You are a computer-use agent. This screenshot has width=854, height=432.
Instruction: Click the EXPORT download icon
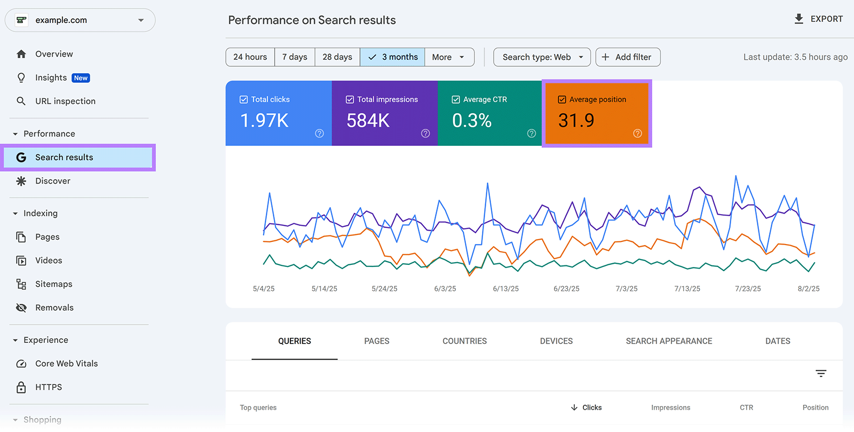pyautogui.click(x=798, y=19)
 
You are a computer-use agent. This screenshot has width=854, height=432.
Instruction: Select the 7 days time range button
pyautogui.click(x=295, y=57)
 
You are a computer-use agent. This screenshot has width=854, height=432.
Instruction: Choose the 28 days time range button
pyautogui.click(x=337, y=57)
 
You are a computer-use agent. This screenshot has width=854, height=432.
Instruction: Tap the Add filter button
pyautogui.click(x=628, y=57)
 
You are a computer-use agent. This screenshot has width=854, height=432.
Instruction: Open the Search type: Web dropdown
pyautogui.click(x=542, y=57)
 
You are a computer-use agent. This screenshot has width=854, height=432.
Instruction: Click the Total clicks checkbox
pyautogui.click(x=244, y=99)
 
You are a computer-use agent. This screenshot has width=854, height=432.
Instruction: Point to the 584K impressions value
pyautogui.click(x=368, y=121)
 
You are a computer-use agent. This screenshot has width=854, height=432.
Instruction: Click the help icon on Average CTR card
pyautogui.click(x=531, y=133)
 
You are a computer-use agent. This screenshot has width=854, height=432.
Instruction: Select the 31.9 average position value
pyautogui.click(x=576, y=121)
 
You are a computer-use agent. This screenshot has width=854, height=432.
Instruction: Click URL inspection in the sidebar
pyautogui.click(x=65, y=101)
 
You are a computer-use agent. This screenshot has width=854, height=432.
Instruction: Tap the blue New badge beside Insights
pyautogui.click(x=81, y=78)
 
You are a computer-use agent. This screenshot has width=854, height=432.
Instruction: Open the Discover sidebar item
pyautogui.click(x=53, y=181)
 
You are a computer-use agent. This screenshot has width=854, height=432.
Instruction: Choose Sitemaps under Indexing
pyautogui.click(x=53, y=284)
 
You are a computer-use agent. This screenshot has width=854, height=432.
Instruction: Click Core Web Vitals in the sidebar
pyautogui.click(x=66, y=364)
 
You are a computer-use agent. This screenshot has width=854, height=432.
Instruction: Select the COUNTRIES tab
pyautogui.click(x=464, y=341)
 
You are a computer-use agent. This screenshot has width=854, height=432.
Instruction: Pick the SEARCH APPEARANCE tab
pyautogui.click(x=669, y=341)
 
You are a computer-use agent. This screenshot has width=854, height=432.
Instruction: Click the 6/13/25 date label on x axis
pyautogui.click(x=505, y=289)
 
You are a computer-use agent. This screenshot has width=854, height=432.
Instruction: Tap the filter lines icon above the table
pyautogui.click(x=821, y=373)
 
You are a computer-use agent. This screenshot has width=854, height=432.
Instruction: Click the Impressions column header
pyautogui.click(x=670, y=407)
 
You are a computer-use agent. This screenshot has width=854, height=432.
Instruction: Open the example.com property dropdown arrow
pyautogui.click(x=141, y=20)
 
